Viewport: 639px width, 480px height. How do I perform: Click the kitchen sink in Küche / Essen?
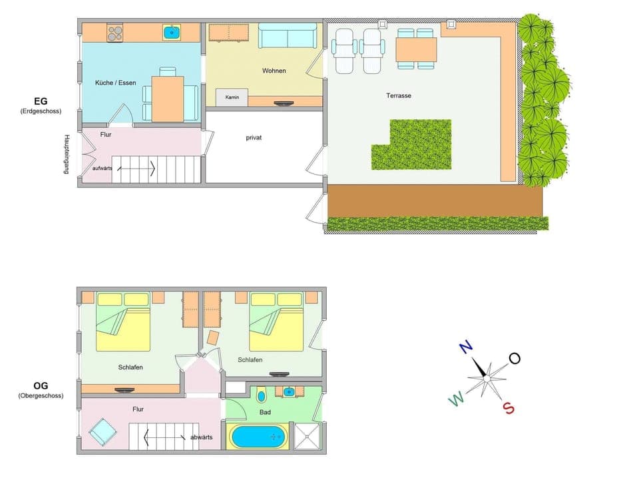(x=172, y=31)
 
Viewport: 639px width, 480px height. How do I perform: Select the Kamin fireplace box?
(x=232, y=97)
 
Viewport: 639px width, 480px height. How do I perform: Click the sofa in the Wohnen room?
(x=288, y=36)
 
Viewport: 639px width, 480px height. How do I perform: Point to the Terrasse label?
(x=399, y=95)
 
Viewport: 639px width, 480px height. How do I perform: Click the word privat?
(x=254, y=137)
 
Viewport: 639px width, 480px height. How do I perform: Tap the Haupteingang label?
(x=67, y=154)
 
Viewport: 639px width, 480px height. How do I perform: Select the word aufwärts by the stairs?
(x=97, y=169)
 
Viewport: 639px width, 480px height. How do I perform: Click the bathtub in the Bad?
(x=260, y=437)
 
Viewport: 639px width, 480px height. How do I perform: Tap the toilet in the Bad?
(x=261, y=395)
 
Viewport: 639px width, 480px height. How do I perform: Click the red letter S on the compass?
(x=509, y=408)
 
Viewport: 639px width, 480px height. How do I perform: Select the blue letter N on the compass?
(x=465, y=347)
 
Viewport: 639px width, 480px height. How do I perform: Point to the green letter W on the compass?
(x=456, y=399)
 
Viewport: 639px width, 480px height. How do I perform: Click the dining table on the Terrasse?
(x=416, y=49)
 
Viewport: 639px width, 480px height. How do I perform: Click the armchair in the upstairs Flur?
(x=103, y=432)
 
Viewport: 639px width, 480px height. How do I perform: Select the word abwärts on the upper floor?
(x=201, y=437)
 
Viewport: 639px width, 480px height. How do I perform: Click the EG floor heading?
(x=41, y=101)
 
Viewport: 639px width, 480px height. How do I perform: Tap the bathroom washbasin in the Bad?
(x=289, y=391)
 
